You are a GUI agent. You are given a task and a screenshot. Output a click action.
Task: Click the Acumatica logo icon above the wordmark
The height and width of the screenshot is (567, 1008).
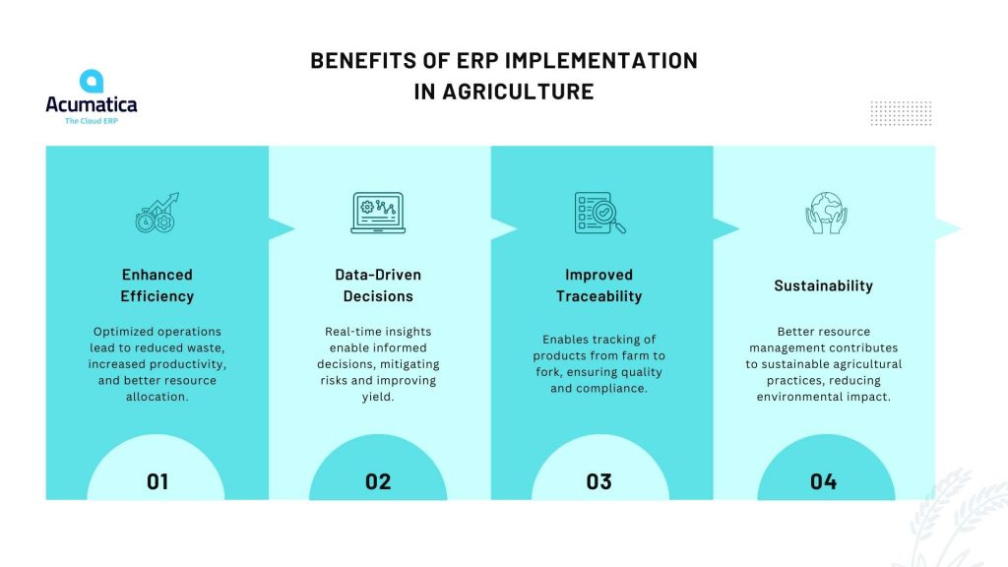(92, 81)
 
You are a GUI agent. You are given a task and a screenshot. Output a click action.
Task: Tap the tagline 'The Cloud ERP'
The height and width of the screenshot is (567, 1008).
(92, 121)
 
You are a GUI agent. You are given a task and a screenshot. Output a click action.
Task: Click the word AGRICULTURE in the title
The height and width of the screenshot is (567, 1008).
(518, 92)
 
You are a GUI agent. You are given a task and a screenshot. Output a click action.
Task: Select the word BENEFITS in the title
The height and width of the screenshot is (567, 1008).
(363, 60)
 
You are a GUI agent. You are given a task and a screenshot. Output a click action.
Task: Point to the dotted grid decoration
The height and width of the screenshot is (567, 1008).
(902, 113)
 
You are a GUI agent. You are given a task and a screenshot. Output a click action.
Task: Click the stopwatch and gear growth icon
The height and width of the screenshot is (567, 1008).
(157, 213)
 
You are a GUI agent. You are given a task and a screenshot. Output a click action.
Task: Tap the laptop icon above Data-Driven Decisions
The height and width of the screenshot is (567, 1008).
(378, 213)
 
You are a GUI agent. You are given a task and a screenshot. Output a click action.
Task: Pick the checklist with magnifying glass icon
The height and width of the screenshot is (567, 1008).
(599, 213)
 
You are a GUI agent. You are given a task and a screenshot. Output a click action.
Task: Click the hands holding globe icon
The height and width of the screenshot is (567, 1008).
(826, 213)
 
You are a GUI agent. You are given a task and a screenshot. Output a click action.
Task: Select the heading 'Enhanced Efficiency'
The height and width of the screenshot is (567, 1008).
(157, 285)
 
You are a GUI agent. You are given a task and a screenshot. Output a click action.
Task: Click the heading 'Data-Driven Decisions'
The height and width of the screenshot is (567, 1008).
(378, 285)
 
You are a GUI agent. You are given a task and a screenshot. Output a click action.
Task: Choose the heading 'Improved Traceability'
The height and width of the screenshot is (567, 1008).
(599, 285)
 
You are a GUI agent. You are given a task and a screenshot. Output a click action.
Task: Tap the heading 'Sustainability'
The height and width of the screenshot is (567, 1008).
(824, 285)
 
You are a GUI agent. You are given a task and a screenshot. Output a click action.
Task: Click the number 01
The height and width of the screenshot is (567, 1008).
(157, 481)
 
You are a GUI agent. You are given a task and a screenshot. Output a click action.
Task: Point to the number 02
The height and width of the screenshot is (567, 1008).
(378, 481)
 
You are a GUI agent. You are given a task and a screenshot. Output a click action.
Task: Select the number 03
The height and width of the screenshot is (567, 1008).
(599, 481)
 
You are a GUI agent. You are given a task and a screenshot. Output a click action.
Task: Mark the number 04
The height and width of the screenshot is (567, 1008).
(824, 481)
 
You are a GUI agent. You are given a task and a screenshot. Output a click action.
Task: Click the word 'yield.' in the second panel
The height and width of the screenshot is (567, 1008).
(378, 398)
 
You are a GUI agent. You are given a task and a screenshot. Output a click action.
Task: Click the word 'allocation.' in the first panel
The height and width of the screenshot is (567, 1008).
(157, 397)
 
